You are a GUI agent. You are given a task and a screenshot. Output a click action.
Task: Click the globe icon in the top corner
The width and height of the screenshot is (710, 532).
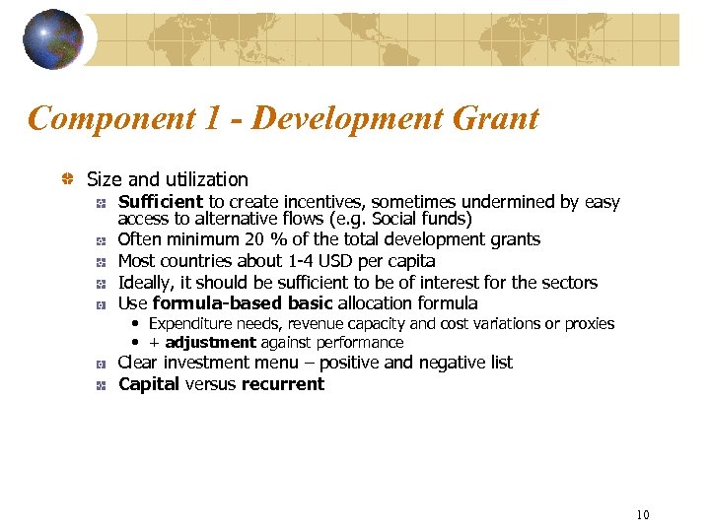pos(54,39)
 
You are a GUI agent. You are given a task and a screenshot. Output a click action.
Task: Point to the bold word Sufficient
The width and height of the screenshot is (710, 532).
pos(161,202)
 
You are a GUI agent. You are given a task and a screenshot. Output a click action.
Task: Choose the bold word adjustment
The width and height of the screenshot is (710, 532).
pos(210,343)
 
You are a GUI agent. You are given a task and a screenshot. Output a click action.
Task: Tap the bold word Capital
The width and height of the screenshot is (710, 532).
pos(149,384)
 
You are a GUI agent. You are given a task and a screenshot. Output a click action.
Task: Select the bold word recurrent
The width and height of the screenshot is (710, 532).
pos(282,384)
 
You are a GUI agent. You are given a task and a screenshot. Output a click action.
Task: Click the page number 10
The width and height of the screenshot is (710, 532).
pos(643,514)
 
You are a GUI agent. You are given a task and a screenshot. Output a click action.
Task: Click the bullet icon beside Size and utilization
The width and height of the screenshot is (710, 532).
pos(68,179)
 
